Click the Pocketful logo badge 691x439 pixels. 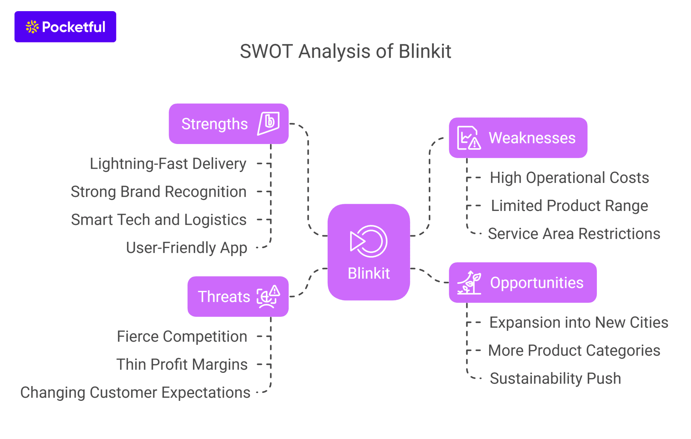65,27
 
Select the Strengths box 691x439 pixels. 228,124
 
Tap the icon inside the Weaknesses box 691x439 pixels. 469,138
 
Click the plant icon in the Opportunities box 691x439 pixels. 469,282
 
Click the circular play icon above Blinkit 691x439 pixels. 368,241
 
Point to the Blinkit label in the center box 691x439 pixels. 368,273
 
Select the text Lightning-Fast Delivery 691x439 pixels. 168,164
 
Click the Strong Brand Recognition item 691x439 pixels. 159,192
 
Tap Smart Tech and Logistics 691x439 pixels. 159,220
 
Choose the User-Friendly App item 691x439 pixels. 186,248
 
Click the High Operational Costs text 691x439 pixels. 569,178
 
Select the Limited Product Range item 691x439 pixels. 569,206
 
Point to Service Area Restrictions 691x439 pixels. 574,234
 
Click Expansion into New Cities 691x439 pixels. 579,323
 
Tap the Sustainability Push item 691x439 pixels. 555,379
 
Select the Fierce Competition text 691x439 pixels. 182,336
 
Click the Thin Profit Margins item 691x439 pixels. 182,364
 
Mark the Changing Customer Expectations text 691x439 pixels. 135,392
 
